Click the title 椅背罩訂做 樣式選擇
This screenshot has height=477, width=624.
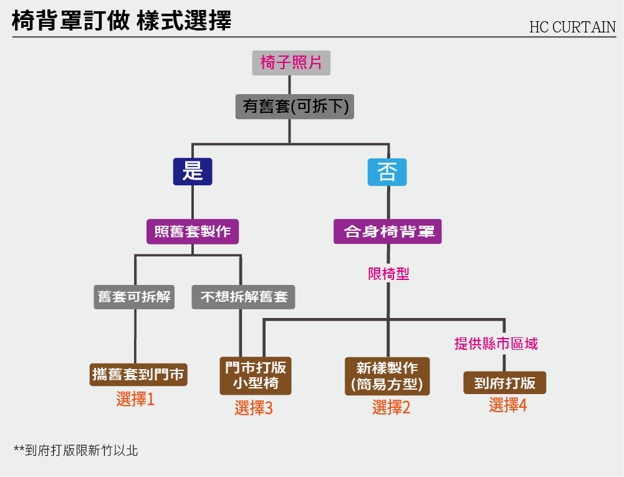pos(122,21)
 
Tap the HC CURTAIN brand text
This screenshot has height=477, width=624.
pos(572,27)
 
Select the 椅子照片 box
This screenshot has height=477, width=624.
pos(291,63)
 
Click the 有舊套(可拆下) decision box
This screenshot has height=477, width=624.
pos(295,107)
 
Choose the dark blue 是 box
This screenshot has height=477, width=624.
pos(193,171)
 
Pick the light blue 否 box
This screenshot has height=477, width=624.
pos(387,172)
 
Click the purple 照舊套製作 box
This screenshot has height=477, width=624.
pos(193,231)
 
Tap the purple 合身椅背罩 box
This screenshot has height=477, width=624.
pos(388,231)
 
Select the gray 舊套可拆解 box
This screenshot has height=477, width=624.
pos(135,297)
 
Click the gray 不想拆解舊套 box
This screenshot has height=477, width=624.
pos(243,297)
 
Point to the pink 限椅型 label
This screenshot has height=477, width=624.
pos(388,274)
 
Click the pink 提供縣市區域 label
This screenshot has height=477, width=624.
pos(496,343)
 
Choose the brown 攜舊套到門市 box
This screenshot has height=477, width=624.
pos(138,374)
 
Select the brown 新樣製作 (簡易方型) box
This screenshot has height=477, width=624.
pos(387,376)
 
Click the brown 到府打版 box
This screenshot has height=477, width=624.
pos(504,382)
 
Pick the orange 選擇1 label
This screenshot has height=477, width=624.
pos(135,399)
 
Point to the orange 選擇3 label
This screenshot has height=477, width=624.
pos(254,408)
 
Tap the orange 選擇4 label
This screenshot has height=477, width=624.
pos(507,405)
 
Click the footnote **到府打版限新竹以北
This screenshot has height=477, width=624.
pos(76,450)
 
